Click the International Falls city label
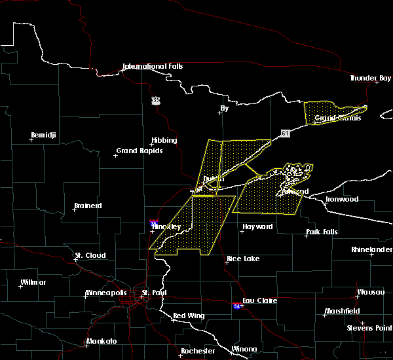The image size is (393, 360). [153, 66]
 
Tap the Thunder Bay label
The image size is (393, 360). [370, 78]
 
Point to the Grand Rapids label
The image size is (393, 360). [140, 151]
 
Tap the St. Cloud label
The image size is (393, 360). [90, 255]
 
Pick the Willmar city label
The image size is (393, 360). [33, 282]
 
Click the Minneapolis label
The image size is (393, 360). [108, 293]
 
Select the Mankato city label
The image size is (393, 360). [101, 341]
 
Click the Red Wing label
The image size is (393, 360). [189, 315]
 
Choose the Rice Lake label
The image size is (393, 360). [242, 259]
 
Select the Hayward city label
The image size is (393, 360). [257, 227]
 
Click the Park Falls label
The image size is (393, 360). [321, 232]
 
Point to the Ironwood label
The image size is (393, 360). [342, 199]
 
